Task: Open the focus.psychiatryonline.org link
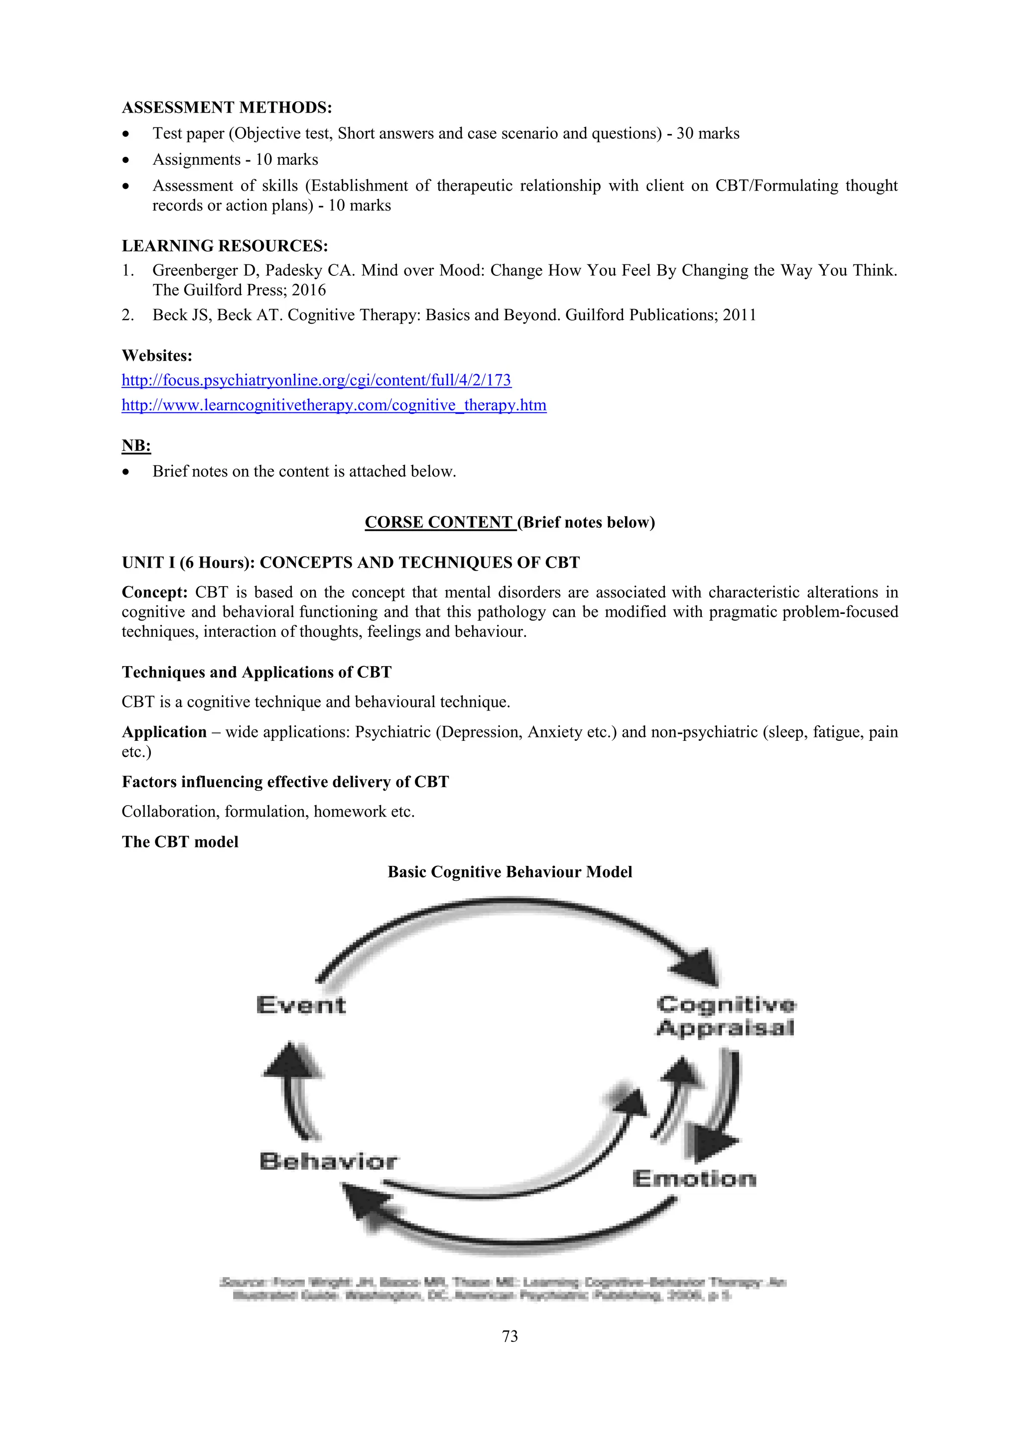316,380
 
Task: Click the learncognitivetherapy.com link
334,405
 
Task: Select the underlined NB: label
136,446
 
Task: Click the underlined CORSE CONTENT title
439,522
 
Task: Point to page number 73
510,1336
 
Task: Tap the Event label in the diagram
301,1005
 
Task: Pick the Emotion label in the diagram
694,1179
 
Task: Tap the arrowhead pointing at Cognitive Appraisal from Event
698,966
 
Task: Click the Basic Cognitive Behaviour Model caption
510,872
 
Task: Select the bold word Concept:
154,592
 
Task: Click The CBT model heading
180,842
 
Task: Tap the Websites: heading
156,356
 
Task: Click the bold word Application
164,731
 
